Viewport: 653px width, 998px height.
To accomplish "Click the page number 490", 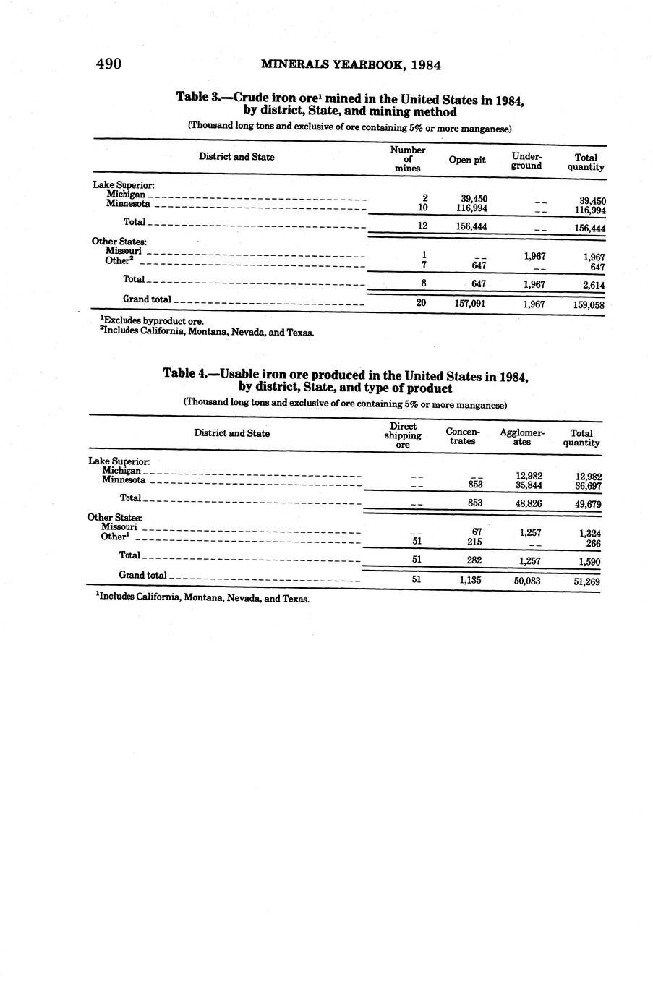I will pos(108,64).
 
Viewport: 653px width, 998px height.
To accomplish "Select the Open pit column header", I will pos(467,160).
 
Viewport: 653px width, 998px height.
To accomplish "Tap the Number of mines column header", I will pos(408,159).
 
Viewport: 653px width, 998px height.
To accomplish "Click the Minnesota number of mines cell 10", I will pos(423,208).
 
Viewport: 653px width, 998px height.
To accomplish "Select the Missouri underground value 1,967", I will pos(534,256).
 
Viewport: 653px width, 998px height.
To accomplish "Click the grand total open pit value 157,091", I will pos(469,304).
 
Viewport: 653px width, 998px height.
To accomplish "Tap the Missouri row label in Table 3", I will pos(123,251).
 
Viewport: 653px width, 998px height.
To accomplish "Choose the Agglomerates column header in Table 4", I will pos(522,437).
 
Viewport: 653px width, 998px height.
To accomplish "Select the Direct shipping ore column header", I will pos(403,435).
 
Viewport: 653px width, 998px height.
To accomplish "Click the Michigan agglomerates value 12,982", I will pos(529,475).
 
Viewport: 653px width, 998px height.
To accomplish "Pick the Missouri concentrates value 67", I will pos(477,532).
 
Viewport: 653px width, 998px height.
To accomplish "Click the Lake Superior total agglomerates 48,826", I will pos(529,503).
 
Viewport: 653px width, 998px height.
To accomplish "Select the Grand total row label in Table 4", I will pos(142,576).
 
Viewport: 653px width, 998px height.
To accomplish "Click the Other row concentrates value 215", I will pos(474,542).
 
